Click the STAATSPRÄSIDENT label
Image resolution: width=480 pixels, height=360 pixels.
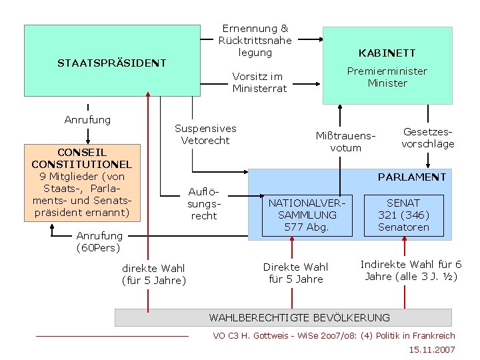[111, 63]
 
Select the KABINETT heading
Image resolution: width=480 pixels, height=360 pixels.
[387, 53]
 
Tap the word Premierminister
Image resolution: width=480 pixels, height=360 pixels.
[387, 71]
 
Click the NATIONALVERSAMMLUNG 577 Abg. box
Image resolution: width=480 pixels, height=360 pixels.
[307, 215]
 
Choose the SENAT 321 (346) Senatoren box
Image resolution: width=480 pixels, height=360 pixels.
[403, 215]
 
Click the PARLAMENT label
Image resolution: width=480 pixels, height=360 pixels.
[411, 177]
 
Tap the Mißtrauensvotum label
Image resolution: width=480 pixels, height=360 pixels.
[345, 141]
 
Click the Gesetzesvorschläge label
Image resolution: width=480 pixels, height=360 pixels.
[427, 137]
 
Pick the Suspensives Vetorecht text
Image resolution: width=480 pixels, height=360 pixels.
[205, 134]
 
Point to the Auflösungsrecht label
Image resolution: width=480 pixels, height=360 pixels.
[204, 203]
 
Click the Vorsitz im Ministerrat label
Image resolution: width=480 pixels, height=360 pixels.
[259, 82]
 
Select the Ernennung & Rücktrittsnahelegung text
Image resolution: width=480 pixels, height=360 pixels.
[255, 40]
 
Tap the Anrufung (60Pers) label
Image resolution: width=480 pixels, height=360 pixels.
[99, 241]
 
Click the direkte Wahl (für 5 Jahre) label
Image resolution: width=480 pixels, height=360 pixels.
[154, 274]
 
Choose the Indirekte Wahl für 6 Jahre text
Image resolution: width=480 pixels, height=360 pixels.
[411, 270]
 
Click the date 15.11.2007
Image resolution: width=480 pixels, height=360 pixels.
[433, 349]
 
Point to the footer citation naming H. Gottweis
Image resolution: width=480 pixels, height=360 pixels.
[333, 335]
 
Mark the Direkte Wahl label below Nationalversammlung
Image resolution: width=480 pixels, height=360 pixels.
[295, 273]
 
